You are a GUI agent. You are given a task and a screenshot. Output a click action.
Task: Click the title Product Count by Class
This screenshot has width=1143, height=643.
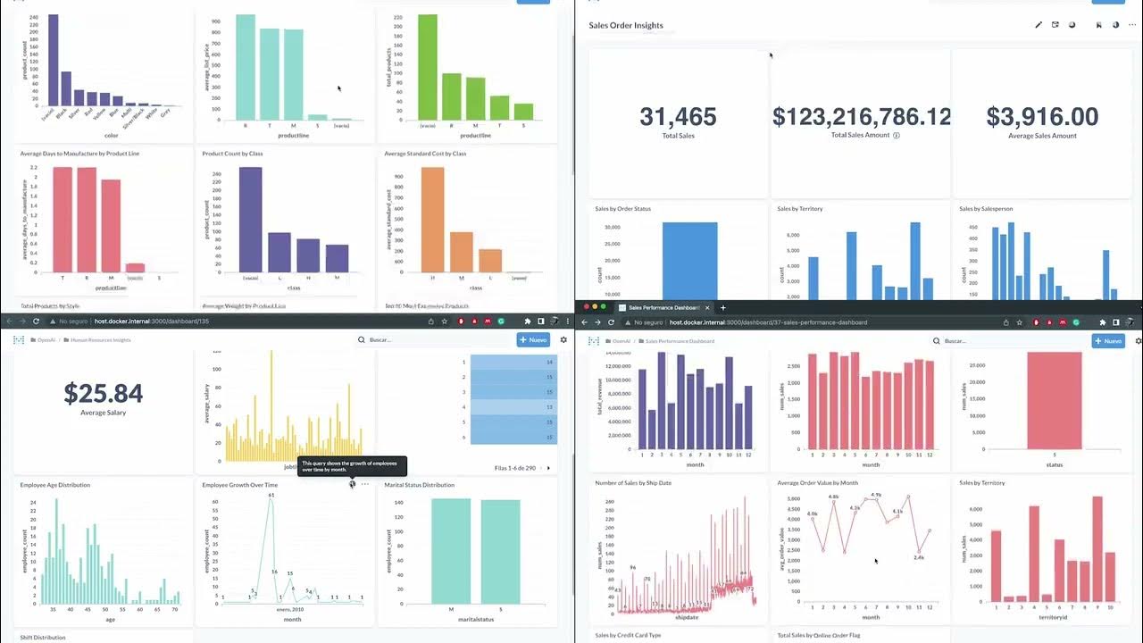(x=232, y=154)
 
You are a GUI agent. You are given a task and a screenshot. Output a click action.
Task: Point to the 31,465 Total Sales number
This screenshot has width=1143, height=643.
(x=679, y=116)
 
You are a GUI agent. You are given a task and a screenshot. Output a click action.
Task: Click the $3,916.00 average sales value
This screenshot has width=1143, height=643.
(x=1042, y=117)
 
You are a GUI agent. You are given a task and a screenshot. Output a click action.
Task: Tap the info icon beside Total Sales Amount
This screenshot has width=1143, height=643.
(x=897, y=136)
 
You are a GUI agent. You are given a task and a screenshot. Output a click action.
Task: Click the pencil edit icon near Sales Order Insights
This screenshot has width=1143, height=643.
(x=1039, y=25)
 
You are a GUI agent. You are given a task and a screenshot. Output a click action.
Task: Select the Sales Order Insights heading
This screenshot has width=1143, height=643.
(x=626, y=25)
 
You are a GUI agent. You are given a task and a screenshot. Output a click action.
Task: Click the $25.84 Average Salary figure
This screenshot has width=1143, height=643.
(x=104, y=393)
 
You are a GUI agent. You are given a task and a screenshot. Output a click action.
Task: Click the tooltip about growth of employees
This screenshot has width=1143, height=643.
(x=352, y=466)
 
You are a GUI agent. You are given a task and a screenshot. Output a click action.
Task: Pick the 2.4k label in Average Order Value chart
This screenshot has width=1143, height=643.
(x=920, y=557)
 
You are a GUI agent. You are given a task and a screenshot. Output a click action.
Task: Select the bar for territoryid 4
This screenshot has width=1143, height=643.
(x=1033, y=554)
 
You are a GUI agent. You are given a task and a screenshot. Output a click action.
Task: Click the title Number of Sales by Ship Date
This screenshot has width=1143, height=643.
(x=635, y=483)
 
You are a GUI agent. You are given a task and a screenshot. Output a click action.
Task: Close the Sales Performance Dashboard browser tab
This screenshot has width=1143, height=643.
(x=707, y=307)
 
